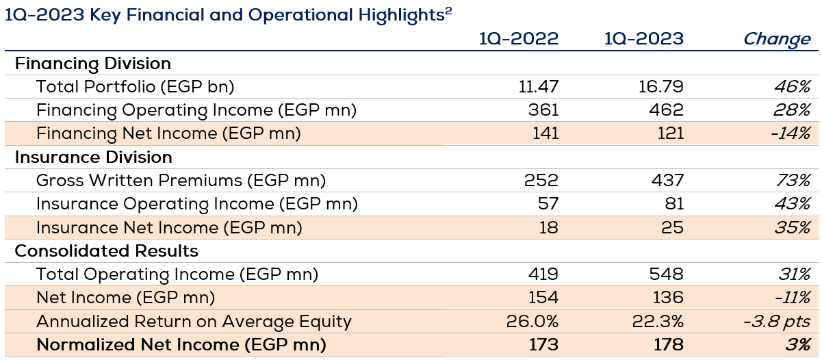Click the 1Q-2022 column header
click(x=519, y=39)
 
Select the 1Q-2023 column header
click(x=643, y=39)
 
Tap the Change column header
click(x=776, y=39)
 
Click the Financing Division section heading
click(x=92, y=64)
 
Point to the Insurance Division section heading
click(x=93, y=157)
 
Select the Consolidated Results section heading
click(x=106, y=250)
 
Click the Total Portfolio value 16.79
click(x=661, y=87)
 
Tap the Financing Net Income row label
click(x=168, y=133)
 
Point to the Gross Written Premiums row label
click(x=181, y=181)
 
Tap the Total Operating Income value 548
click(x=667, y=274)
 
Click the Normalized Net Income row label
click(x=181, y=344)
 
